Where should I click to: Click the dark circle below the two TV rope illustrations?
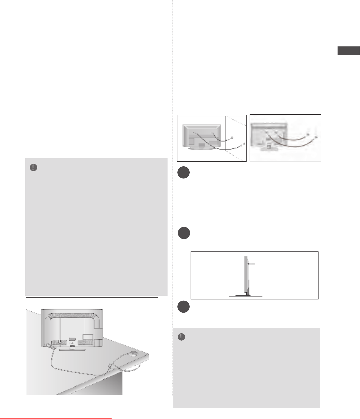click(x=184, y=173)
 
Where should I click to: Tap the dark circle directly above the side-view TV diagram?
click(x=184, y=233)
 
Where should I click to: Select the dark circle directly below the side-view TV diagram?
click(x=184, y=307)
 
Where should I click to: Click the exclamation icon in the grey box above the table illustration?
click(x=33, y=168)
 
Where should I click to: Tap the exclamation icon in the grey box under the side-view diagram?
click(x=182, y=337)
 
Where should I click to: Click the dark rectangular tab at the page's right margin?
click(x=349, y=51)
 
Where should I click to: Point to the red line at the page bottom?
click(x=56, y=418)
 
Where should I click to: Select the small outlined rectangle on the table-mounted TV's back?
click(x=88, y=336)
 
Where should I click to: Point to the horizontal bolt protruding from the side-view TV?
click(x=251, y=264)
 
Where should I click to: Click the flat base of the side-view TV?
click(x=246, y=296)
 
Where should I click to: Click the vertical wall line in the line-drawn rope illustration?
click(x=226, y=135)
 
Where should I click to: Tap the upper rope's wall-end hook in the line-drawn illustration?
click(x=232, y=137)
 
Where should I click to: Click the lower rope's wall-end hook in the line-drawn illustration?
click(x=244, y=144)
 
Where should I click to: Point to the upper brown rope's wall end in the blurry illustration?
click(x=308, y=135)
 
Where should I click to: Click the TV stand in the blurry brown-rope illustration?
click(x=268, y=148)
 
